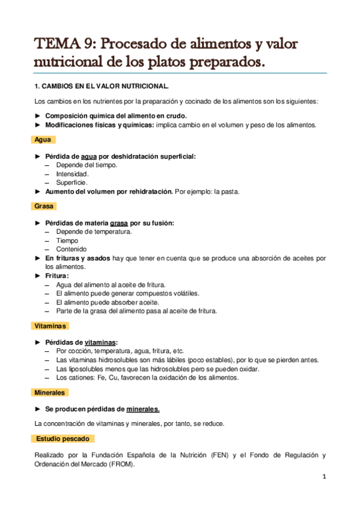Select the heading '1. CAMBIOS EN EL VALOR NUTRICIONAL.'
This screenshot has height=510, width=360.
point(102,86)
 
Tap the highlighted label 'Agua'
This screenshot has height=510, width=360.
point(43,140)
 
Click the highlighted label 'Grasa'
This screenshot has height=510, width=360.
point(44,206)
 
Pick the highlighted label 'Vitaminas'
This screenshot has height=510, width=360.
point(50,325)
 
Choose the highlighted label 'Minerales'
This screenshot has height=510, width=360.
point(50,392)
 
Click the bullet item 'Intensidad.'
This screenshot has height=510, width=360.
point(73,173)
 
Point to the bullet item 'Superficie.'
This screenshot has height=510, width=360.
point(72,182)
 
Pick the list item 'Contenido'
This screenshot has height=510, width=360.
point(71,249)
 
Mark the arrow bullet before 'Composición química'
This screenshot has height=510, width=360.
point(38,116)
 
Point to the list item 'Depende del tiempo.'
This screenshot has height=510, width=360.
point(87,165)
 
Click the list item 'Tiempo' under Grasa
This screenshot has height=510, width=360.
point(67,241)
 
